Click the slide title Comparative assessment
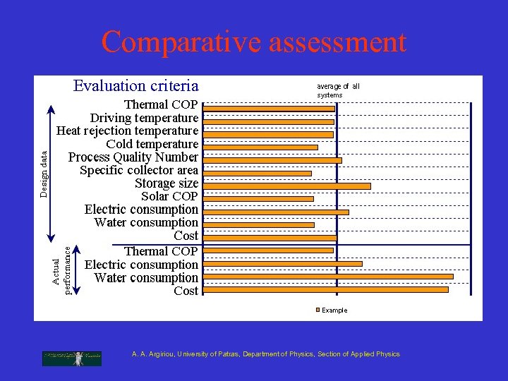pos(253,42)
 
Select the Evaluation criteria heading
pos(136,86)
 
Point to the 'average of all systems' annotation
pos(338,90)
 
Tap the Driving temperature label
pos(144,118)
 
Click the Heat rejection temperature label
pos(127,131)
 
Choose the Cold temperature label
pos(152,144)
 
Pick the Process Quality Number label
pos(133,157)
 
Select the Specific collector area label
pos(139,170)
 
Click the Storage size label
pos(167,183)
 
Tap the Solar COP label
pos(169,196)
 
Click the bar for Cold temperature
pos(261,147)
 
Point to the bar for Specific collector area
pos(258,174)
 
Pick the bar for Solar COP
pos(259,199)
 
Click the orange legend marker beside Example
pos(318,310)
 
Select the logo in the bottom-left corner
pos(72,358)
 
